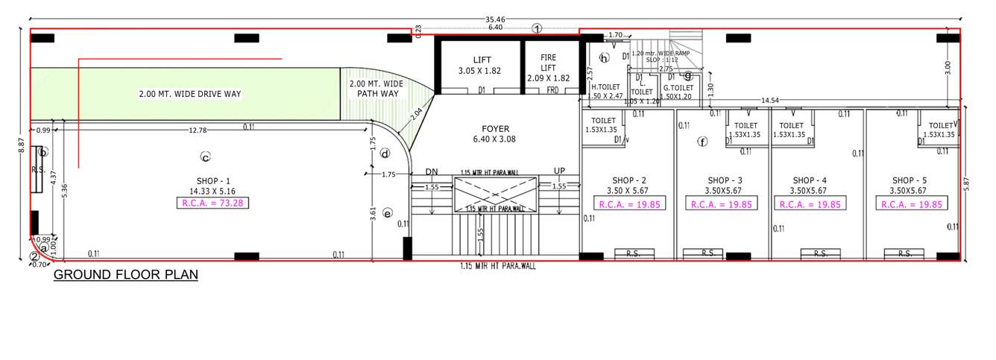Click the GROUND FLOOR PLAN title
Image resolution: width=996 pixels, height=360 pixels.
126,275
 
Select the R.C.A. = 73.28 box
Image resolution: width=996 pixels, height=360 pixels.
212,203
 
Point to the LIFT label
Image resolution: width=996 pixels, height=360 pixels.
482,60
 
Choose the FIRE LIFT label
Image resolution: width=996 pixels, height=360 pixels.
549,62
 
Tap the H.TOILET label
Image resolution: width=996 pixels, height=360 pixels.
605,87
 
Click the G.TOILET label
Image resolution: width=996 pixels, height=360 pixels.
678,87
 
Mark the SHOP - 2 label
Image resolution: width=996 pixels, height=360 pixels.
628,180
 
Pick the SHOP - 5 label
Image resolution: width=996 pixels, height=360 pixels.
909,180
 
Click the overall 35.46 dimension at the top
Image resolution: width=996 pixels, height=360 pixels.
494,19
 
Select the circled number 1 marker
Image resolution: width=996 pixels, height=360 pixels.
537,28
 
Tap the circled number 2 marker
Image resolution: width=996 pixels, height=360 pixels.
34,257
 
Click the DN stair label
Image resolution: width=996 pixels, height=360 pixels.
432,171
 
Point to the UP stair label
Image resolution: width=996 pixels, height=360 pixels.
559,171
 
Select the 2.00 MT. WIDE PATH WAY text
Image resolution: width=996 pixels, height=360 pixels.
376,89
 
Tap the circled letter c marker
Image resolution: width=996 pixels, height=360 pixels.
205,157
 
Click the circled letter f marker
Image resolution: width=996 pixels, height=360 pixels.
701,142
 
